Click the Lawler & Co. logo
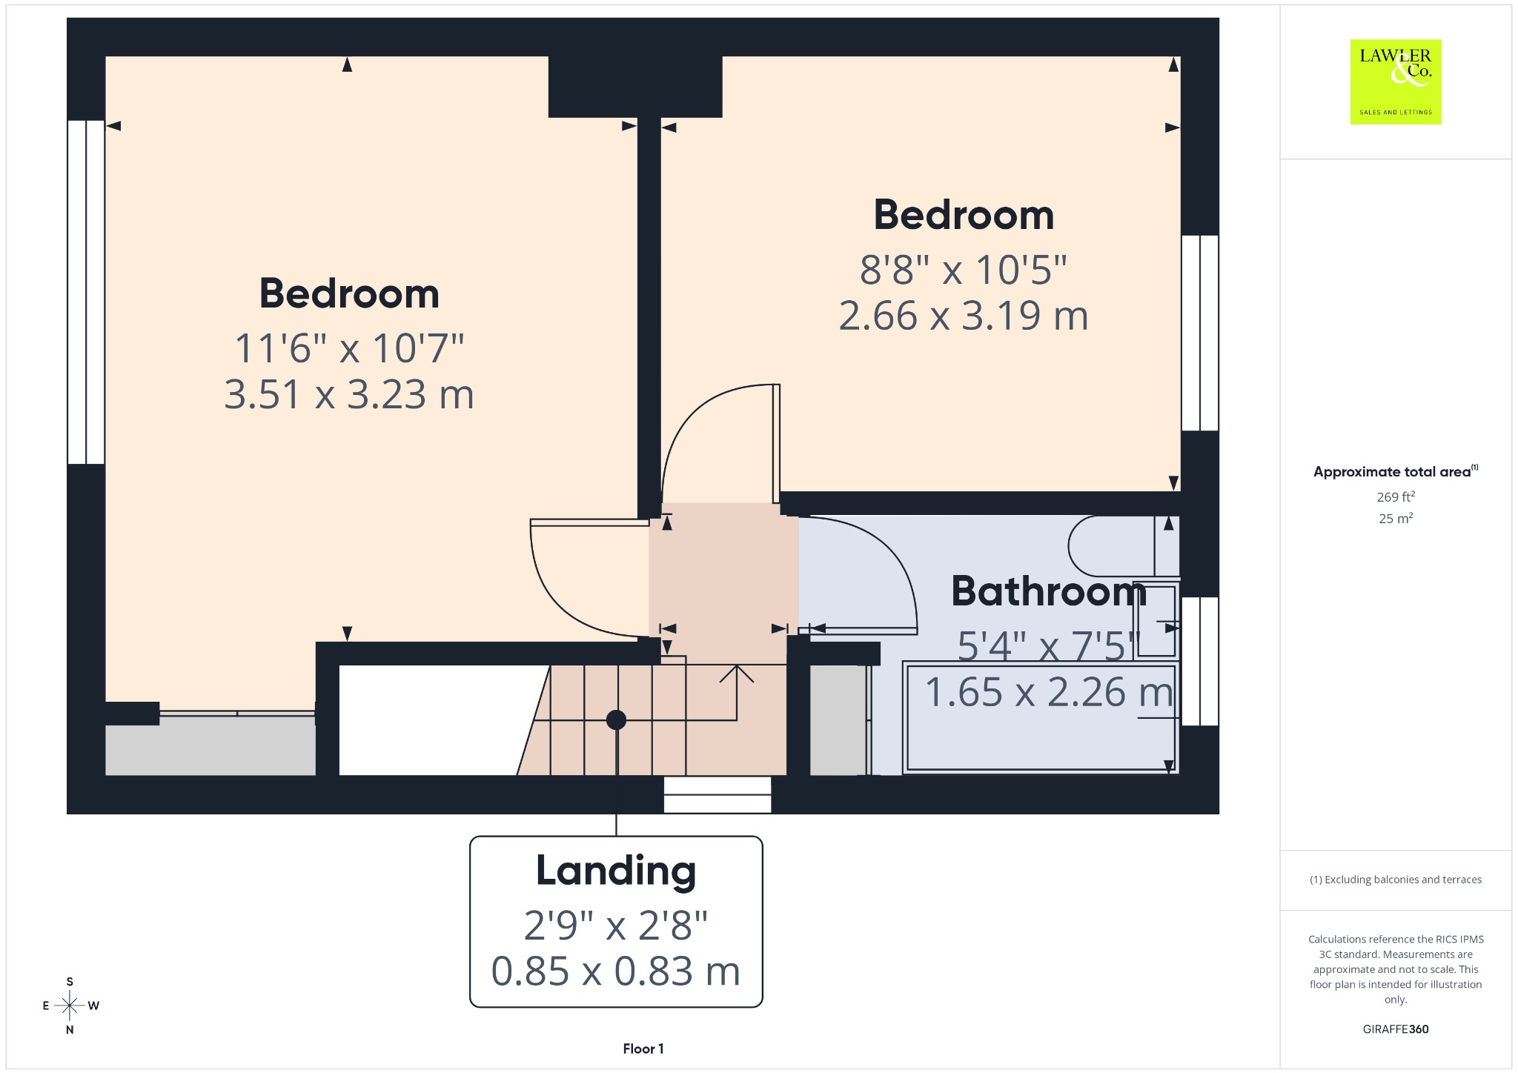pyautogui.click(x=1396, y=82)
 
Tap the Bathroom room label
pyautogui.click(x=1049, y=591)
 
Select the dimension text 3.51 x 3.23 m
pyautogui.click(x=349, y=394)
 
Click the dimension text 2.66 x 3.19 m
pyautogui.click(x=964, y=316)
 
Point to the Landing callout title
pyautogui.click(x=616, y=871)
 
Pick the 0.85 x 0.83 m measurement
pyautogui.click(x=616, y=971)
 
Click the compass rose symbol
pyautogui.click(x=70, y=1006)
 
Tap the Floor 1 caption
pyautogui.click(x=643, y=1049)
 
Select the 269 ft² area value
pyautogui.click(x=1396, y=496)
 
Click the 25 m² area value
pyautogui.click(x=1396, y=518)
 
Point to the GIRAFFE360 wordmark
pyautogui.click(x=1396, y=1029)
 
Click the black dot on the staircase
pyautogui.click(x=616, y=720)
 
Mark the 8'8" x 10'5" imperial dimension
pyautogui.click(x=964, y=270)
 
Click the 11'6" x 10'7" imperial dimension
pyautogui.click(x=349, y=348)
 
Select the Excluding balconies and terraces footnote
pyautogui.click(x=1396, y=880)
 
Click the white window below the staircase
pyautogui.click(x=717, y=794)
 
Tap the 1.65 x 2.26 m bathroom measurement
pyautogui.click(x=1049, y=692)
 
